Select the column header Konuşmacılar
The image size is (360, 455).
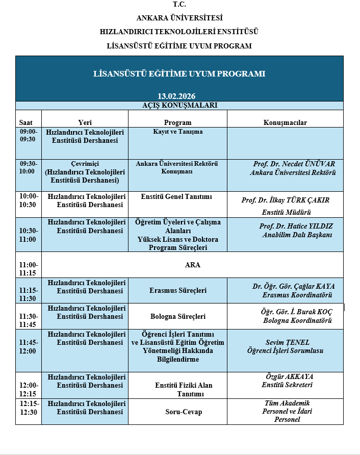pos(285,122)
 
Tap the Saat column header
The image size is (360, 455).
pos(26,122)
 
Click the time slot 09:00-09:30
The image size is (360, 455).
pos(28,135)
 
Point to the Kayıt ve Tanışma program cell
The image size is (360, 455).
pos(177,132)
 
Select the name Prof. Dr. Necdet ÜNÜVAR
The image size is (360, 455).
pos(294,164)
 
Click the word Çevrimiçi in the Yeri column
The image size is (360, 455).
pos(85,163)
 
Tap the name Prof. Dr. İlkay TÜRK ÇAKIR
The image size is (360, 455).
pos(285,200)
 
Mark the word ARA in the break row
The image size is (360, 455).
pos(192,265)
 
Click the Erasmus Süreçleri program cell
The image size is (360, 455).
pos(177,290)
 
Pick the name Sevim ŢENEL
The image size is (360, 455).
pos(288,342)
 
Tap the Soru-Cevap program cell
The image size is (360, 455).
pos(177,412)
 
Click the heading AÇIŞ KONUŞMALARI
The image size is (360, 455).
pos(179,106)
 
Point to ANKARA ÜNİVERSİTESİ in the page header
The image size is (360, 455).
pos(179,18)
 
